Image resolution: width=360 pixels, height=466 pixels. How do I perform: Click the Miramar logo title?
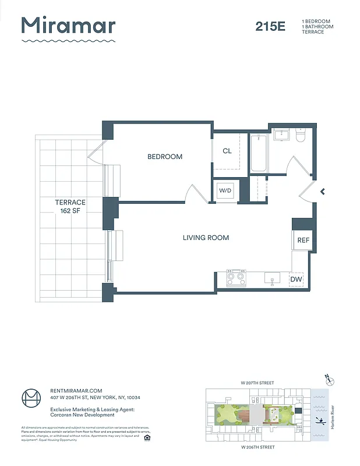[x=69, y=26]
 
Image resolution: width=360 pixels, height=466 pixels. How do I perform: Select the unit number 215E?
[x=270, y=26]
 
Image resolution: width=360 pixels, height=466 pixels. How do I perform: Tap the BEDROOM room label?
[x=164, y=157]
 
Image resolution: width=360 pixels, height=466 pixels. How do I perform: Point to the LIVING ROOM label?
[x=206, y=238]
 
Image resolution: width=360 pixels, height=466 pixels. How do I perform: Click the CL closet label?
[x=227, y=151]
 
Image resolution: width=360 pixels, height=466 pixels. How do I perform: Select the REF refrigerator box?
[x=303, y=240]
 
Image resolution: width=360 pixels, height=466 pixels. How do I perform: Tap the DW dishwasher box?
[x=297, y=280]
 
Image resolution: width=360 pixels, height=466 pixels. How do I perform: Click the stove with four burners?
[x=237, y=278]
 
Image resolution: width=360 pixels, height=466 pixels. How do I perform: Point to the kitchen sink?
[x=273, y=278]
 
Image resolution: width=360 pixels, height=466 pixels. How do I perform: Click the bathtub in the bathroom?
[x=259, y=154]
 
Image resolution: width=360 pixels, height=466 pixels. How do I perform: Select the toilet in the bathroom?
[x=301, y=136]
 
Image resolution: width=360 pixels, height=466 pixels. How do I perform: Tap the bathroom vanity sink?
[x=281, y=135]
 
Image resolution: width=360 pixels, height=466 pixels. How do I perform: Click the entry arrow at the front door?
[x=322, y=190]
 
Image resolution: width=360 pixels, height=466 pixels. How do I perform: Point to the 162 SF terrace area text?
[x=70, y=210]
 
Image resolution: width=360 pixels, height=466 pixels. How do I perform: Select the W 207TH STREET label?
[x=257, y=383]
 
